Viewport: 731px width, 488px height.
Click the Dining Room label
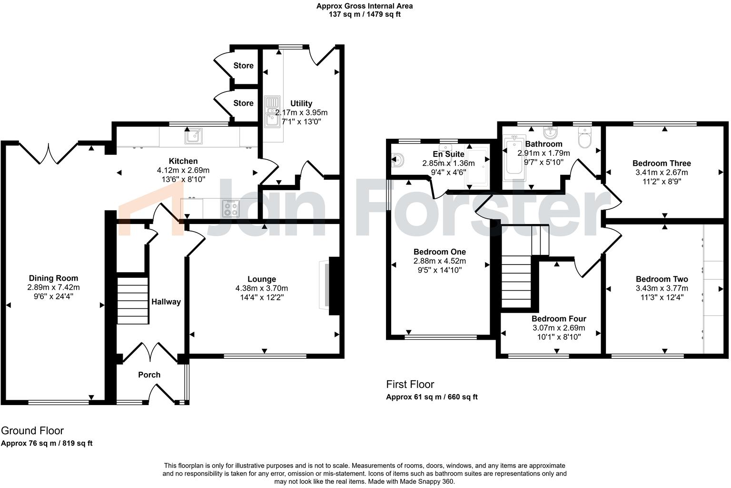pyautogui.click(x=53, y=278)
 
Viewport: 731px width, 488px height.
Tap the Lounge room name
pyautogui.click(x=261, y=279)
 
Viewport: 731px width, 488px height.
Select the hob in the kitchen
pyautogui.click(x=231, y=208)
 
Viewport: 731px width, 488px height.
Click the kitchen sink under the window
pyautogui.click(x=194, y=136)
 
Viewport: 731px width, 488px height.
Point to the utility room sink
pyautogui.click(x=272, y=112)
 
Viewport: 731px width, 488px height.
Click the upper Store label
pyautogui.click(x=243, y=66)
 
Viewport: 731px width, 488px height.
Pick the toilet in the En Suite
pyautogui.click(x=398, y=160)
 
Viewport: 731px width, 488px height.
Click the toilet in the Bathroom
pyautogui.click(x=584, y=140)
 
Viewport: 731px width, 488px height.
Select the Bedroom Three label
pyautogui.click(x=662, y=163)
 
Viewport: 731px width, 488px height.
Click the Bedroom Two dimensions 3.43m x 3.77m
pyautogui.click(x=662, y=288)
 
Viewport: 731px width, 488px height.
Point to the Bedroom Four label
pyautogui.click(x=559, y=319)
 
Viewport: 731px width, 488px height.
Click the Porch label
pyautogui.click(x=149, y=375)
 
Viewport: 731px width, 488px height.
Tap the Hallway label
pyautogui.click(x=166, y=302)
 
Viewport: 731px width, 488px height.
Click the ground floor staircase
pyautogui.click(x=132, y=300)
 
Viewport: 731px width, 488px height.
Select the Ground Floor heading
pyautogui.click(x=32, y=431)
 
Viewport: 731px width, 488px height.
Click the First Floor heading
pyautogui.click(x=410, y=385)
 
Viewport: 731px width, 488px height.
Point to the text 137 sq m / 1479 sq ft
pyautogui.click(x=365, y=14)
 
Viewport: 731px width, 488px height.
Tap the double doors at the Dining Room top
pyautogui.click(x=48, y=152)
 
